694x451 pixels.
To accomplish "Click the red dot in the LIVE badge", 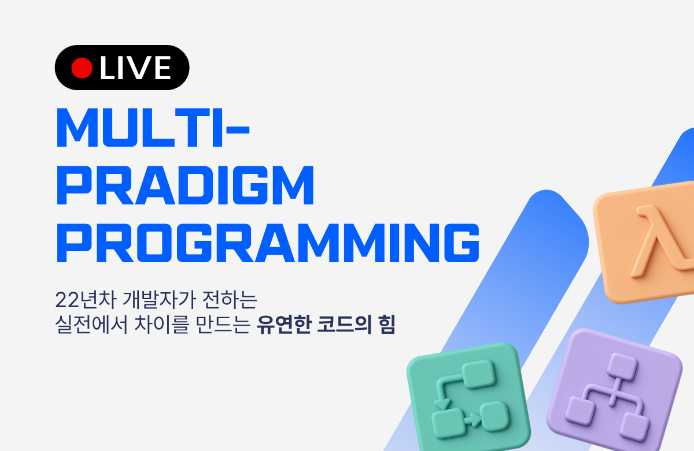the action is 82,68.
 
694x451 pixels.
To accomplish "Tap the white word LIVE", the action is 135,68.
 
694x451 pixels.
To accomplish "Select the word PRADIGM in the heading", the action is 185,185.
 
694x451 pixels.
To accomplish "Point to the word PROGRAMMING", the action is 268,243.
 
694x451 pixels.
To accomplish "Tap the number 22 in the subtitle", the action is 67,300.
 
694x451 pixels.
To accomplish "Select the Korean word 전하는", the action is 230,300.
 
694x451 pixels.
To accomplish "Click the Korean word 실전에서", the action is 92,325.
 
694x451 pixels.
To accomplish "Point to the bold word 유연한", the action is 284,325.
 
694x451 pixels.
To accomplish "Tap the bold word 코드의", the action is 344,325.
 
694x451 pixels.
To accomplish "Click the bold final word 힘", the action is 387,325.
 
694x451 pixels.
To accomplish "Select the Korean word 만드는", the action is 223,325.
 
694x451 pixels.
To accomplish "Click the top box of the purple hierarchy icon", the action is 622,367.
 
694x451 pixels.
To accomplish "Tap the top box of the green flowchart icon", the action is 479,374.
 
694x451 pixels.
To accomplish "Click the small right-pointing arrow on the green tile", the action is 471,420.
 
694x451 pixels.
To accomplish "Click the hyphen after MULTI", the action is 238,129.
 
